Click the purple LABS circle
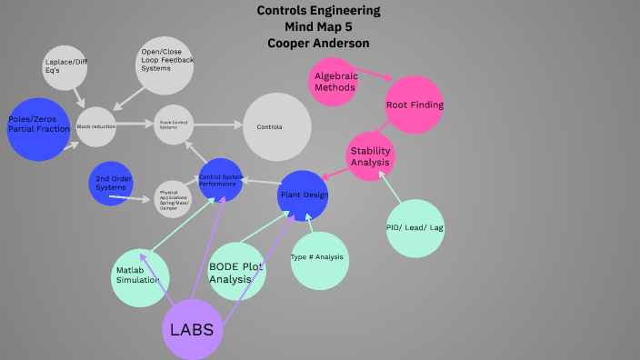click(x=192, y=329)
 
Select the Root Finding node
click(x=414, y=105)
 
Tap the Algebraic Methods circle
click(x=335, y=82)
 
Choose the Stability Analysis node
click(x=371, y=156)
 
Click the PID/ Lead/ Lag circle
click(x=415, y=228)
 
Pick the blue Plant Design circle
click(x=303, y=195)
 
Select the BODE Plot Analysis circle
click(x=236, y=272)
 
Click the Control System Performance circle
click(x=219, y=180)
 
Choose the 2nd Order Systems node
click(x=111, y=183)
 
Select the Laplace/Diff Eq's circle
click(x=65, y=67)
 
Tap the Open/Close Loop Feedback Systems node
click(x=165, y=65)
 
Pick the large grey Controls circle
click(x=277, y=126)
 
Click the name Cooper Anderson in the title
click(x=318, y=43)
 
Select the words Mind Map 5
click(x=318, y=26)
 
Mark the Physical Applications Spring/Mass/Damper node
click(x=173, y=198)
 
